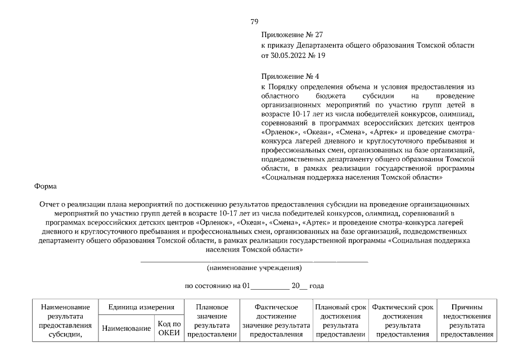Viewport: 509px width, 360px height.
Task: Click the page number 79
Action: pos(254,21)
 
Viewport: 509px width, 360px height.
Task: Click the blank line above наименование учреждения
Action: pos(254,262)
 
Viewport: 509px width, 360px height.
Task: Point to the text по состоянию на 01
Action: pos(217,286)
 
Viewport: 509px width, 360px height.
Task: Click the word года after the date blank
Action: pos(317,286)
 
